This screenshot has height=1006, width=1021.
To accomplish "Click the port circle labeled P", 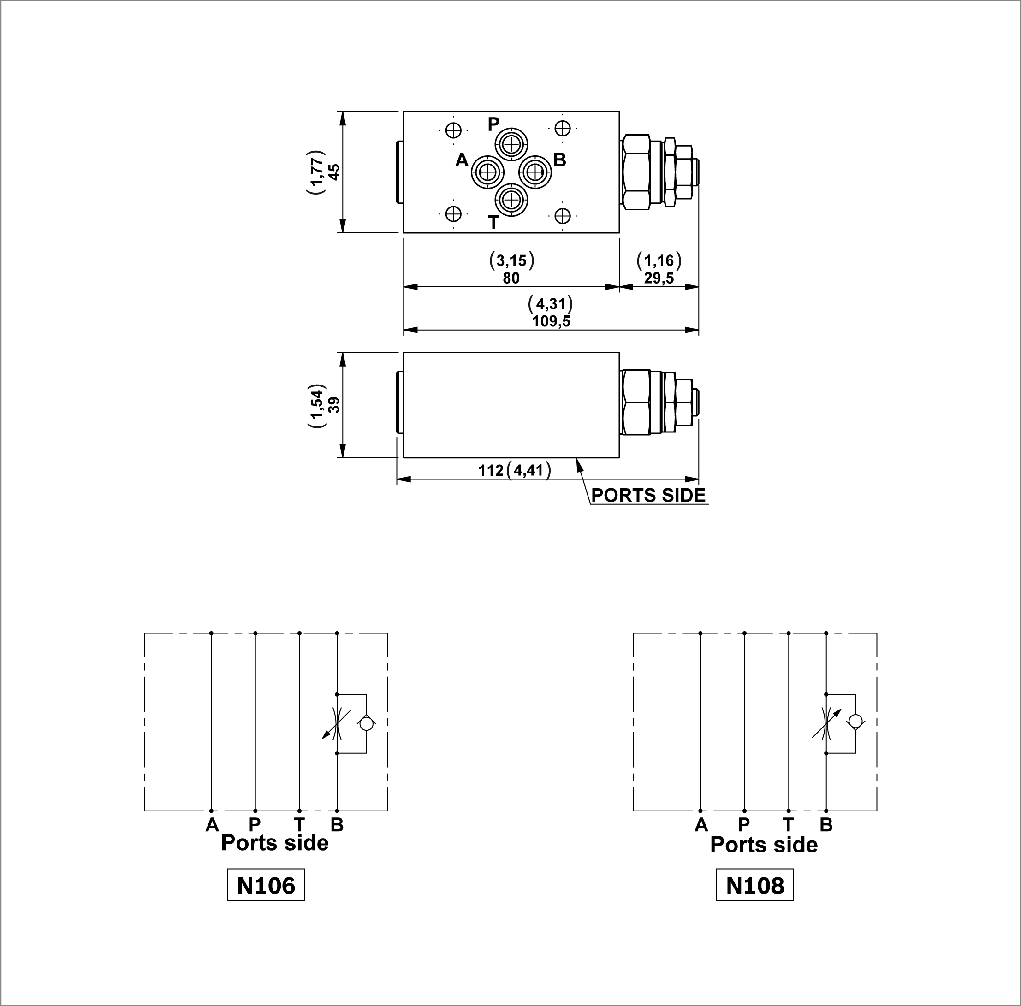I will click(x=511, y=144).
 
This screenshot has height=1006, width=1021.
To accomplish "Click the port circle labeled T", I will click(x=511, y=200).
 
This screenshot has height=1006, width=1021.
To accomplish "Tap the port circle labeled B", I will click(x=535, y=172).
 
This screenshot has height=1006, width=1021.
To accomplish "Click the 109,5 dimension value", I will click(x=551, y=321).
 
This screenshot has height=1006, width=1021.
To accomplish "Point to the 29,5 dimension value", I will click(x=659, y=278).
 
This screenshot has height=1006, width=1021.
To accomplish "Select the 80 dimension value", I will click(x=511, y=278).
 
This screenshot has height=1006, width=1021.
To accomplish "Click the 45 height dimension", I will click(x=334, y=172).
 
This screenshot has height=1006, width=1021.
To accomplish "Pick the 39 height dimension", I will click(x=334, y=405).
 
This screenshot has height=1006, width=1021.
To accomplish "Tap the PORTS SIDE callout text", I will click(x=648, y=496).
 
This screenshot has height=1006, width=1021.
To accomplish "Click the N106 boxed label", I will click(x=266, y=886).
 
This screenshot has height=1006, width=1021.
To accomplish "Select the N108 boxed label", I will click(x=755, y=886).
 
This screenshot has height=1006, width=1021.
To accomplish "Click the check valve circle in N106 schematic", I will click(x=366, y=724).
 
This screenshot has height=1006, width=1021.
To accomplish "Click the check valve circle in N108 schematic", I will click(x=855, y=721).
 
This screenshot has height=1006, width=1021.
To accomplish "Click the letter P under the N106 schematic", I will click(x=255, y=824).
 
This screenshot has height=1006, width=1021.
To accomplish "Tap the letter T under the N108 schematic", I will click(x=788, y=824).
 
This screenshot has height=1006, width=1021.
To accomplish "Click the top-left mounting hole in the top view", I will click(x=453, y=130).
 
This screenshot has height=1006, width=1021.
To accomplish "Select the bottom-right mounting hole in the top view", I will click(x=563, y=216).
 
